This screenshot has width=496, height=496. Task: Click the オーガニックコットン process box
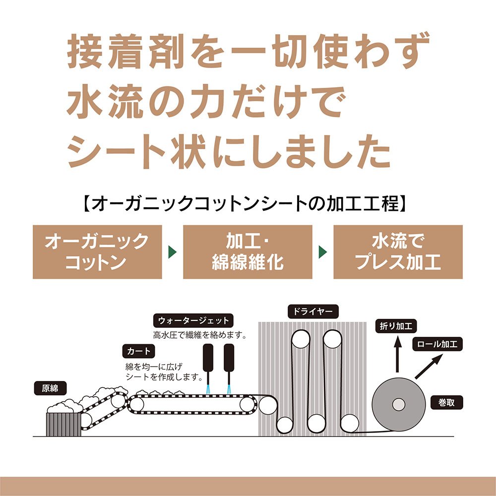point(97,251)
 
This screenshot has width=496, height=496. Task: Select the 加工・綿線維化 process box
point(248,251)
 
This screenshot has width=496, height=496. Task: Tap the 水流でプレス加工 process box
point(398,251)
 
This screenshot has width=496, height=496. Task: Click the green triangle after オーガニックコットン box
point(173,251)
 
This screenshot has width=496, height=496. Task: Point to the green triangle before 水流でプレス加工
point(323,251)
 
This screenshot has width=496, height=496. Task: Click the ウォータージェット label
point(193,320)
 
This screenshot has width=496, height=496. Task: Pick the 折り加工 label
point(397,326)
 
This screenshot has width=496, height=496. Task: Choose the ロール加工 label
point(437,344)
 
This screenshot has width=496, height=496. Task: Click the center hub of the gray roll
point(399,405)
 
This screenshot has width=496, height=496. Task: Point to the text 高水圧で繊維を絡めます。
point(200,335)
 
